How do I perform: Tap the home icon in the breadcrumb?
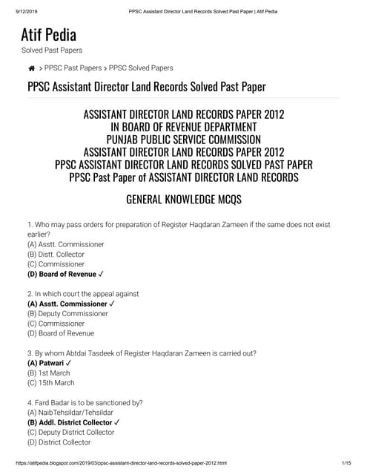click(31, 68)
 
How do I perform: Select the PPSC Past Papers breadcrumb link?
click(73, 68)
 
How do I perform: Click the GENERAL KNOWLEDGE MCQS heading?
click(183, 200)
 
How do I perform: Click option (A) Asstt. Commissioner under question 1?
click(65, 243)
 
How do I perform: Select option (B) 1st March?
click(49, 373)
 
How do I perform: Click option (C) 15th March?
click(50, 383)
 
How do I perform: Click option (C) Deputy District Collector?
click(70, 432)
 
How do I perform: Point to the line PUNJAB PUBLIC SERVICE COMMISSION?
click(183, 140)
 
